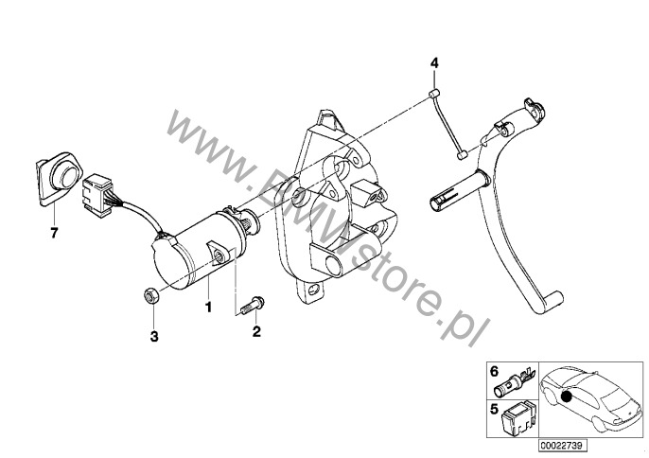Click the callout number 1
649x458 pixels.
(208, 307)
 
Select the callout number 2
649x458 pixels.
(256, 331)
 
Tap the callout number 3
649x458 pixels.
(154, 336)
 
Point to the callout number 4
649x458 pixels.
(433, 63)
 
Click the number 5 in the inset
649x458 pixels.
(494, 410)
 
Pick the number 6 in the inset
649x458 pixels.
(494, 372)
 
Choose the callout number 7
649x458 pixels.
(54, 233)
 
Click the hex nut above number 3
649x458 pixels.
(149, 296)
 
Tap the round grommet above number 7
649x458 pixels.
(58, 178)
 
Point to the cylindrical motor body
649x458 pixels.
(198, 250)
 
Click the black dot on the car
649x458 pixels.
(567, 396)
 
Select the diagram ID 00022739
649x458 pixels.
(563, 446)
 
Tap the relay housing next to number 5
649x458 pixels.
(517, 418)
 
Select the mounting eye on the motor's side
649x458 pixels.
(219, 255)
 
